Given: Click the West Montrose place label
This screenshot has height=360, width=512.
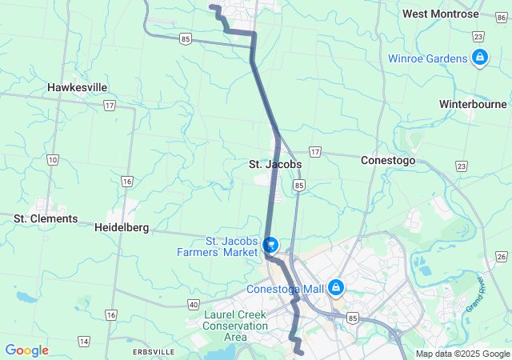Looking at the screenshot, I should pyautogui.click(x=441, y=14).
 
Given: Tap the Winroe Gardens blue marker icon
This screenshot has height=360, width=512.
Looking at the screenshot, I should pyautogui.click(x=480, y=58).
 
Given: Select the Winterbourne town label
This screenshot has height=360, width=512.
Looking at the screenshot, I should pyautogui.click(x=473, y=104).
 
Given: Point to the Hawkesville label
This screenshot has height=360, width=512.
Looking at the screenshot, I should pyautogui.click(x=77, y=87).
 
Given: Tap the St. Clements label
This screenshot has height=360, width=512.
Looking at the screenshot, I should pyautogui.click(x=46, y=218).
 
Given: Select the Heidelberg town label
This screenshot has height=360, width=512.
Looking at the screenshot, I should pyautogui.click(x=122, y=227).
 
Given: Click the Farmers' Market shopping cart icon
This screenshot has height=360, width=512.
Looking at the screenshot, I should pyautogui.click(x=270, y=244).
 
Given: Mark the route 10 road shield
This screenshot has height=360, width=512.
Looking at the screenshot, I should pyautogui.click(x=53, y=160).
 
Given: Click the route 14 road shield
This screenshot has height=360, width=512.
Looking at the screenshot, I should pyautogui.click(x=84, y=342).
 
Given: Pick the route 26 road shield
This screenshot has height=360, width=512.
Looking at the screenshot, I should pyautogui.click(x=501, y=256).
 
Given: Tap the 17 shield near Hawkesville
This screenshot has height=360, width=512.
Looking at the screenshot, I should pyautogui.click(x=109, y=105).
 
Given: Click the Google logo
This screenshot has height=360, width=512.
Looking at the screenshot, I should pyautogui.click(x=26, y=350).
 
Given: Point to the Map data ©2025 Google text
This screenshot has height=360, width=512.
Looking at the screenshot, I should pyautogui.click(x=462, y=354).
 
